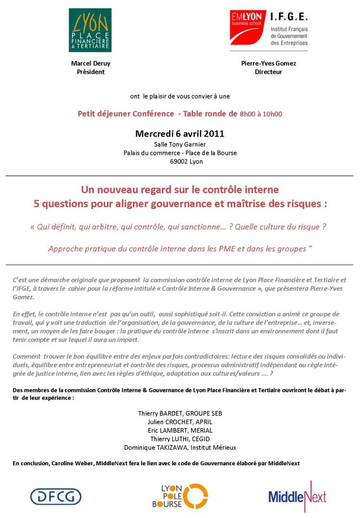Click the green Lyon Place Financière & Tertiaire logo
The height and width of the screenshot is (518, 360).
(x=90, y=30)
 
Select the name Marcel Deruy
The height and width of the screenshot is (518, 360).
(x=91, y=63)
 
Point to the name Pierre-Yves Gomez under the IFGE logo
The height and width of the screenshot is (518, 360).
(x=268, y=63)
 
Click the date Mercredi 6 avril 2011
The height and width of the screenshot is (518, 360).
(x=180, y=133)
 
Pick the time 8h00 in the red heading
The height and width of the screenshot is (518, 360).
(x=249, y=114)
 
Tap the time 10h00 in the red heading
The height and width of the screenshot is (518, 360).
(x=272, y=114)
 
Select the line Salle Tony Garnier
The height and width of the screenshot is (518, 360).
(x=180, y=144)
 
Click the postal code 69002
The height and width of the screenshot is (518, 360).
(x=179, y=162)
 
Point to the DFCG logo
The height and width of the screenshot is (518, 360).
(x=56, y=496)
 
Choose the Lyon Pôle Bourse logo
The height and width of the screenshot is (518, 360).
(x=184, y=496)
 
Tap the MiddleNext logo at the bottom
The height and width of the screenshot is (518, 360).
(x=297, y=496)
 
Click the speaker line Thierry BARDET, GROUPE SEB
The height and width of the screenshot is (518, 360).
(x=180, y=413)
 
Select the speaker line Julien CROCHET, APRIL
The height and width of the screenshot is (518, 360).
(x=180, y=422)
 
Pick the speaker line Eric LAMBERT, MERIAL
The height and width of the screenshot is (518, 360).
(x=180, y=430)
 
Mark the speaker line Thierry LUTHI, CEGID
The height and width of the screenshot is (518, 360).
(x=180, y=439)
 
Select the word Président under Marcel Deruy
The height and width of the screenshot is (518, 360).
(x=91, y=72)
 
